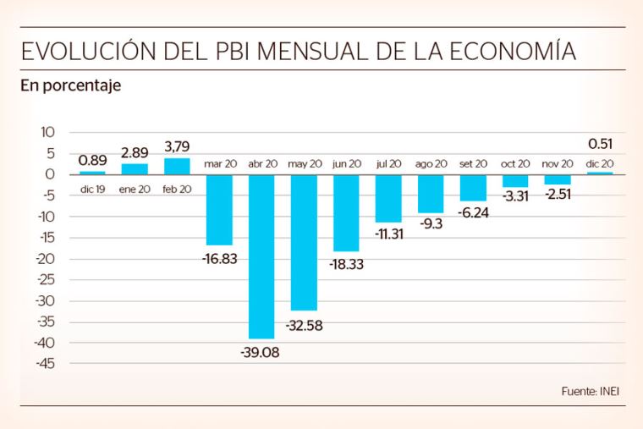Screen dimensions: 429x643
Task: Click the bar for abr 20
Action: point(261,256)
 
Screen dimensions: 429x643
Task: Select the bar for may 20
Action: point(304,242)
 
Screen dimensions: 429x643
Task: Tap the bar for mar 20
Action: point(219,209)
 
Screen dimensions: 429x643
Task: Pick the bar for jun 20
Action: point(346,212)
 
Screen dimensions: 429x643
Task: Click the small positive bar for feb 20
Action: point(177,166)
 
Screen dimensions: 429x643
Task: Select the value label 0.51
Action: point(600,143)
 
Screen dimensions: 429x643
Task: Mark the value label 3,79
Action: point(177,146)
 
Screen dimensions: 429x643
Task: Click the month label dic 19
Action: point(92,189)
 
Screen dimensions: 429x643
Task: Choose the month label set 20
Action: point(473,163)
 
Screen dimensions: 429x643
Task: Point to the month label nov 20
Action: point(558,163)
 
